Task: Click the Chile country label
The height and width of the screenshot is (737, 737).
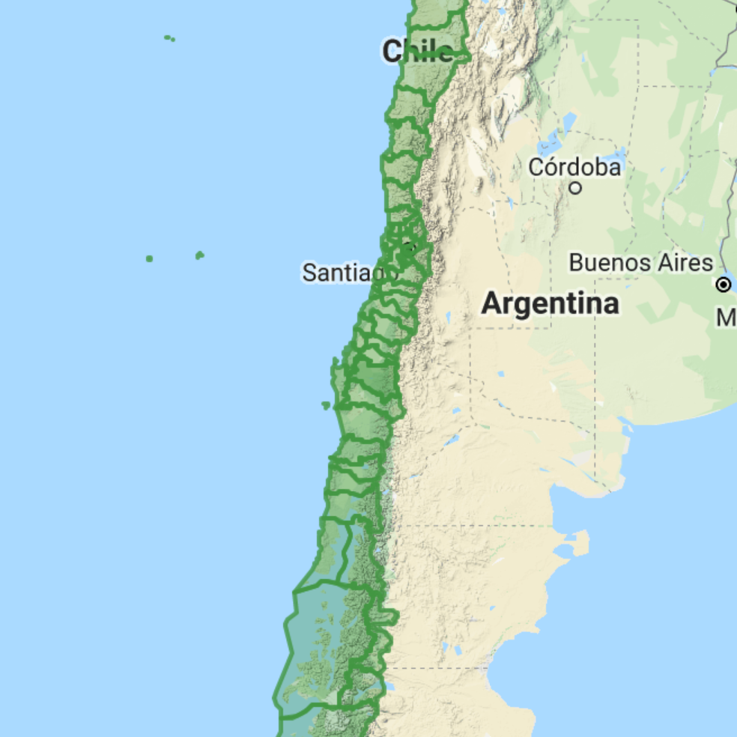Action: (x=417, y=52)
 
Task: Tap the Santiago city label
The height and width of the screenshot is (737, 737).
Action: (x=349, y=272)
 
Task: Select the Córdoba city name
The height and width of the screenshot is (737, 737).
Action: (x=574, y=167)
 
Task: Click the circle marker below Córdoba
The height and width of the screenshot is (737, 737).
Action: (x=575, y=188)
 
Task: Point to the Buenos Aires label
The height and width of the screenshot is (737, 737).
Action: (x=640, y=263)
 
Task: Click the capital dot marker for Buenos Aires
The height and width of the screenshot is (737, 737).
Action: (x=724, y=285)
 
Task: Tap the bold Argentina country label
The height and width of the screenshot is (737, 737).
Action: (x=550, y=304)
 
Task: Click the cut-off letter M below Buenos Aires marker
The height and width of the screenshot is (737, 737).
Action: (x=727, y=318)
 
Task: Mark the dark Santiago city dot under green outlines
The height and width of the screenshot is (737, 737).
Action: (x=408, y=246)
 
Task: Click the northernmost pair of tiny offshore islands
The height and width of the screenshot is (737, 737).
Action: (x=169, y=37)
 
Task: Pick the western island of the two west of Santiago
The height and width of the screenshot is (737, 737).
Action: (x=150, y=258)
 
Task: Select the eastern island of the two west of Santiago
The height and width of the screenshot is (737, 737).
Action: (x=199, y=255)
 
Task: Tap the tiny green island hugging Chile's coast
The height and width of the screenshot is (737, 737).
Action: (x=326, y=405)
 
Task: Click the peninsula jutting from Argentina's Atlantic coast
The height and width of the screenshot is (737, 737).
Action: (x=579, y=540)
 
